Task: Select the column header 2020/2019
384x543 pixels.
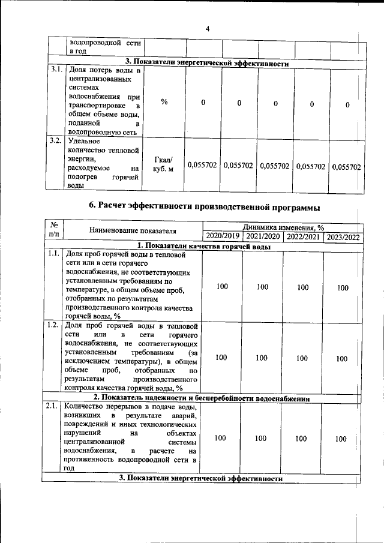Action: point(221,237)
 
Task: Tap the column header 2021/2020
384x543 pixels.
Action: point(262,237)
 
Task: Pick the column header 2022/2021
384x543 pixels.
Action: point(302,237)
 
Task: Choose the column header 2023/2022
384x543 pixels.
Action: point(343,237)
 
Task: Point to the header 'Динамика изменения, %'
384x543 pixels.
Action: point(283,227)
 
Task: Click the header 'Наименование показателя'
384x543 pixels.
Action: point(133,230)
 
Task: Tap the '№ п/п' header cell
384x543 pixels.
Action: point(53,232)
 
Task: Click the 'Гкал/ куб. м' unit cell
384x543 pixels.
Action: point(163,164)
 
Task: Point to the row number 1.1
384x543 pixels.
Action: point(53,254)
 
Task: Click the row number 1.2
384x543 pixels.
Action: point(53,325)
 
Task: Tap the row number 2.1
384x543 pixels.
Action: point(53,406)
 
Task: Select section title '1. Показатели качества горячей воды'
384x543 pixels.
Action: point(204,246)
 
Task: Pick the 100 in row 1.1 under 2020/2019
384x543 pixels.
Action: point(222,287)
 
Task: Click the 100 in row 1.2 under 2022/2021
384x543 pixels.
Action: point(302,358)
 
